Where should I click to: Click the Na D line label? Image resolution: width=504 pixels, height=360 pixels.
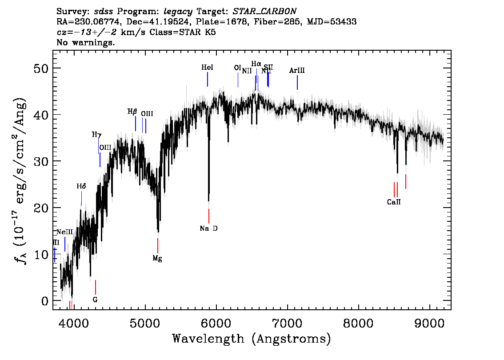point(208,228)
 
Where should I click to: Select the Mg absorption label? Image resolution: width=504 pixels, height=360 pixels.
point(157,258)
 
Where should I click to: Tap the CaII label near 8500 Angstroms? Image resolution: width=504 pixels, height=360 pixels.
point(394,202)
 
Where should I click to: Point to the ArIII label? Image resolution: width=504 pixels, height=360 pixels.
point(297,70)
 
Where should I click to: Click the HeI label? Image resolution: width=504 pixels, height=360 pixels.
point(207,68)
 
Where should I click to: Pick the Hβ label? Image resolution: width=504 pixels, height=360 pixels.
point(132,112)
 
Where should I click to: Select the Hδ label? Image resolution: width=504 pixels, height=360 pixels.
point(81,186)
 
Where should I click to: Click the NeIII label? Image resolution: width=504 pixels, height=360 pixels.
point(64,232)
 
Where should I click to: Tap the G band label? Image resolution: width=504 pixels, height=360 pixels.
point(95,300)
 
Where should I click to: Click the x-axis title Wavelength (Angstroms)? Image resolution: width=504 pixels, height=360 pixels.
point(252,339)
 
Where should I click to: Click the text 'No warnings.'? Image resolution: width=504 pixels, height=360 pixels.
point(86,43)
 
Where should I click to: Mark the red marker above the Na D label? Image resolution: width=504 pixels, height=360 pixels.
point(208,216)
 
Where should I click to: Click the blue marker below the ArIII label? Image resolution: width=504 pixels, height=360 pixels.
point(297,83)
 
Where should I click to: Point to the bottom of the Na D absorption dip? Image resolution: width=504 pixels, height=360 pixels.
point(208,201)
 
